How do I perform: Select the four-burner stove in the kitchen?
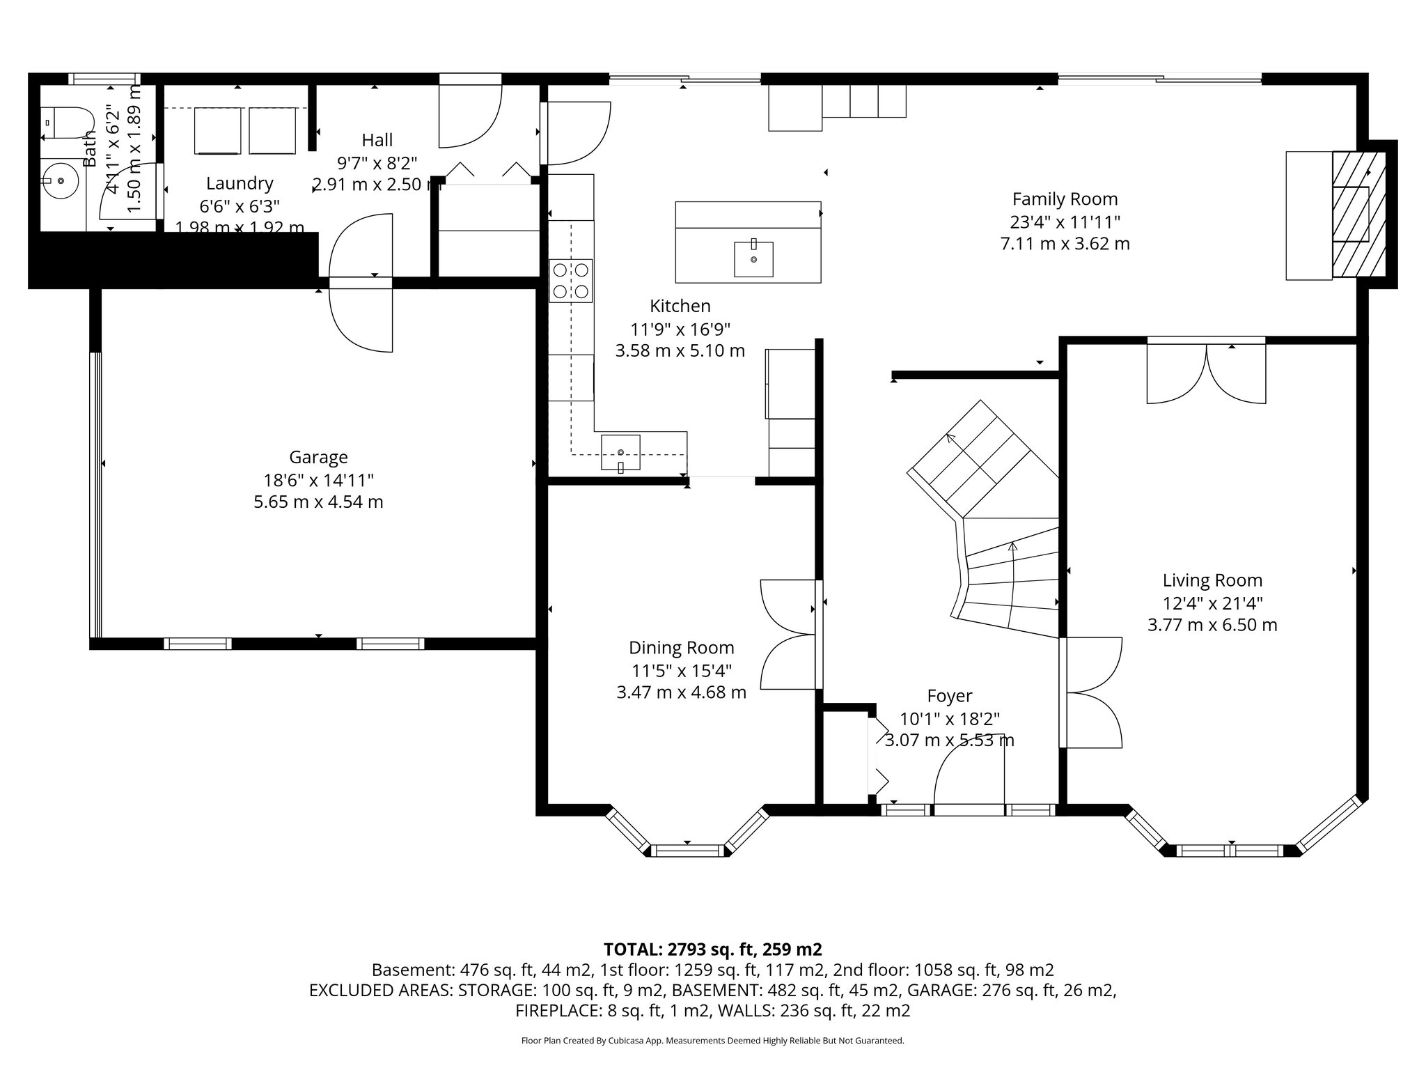point(571,281)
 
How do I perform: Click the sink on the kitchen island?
point(753,259)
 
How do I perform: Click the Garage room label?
point(318,458)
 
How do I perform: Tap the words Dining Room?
point(681,648)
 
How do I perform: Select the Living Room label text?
point(1212,580)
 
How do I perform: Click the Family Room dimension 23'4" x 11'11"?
point(1065,222)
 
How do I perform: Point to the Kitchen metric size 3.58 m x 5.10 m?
point(680,350)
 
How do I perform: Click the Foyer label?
point(949,696)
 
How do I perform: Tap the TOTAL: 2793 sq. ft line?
point(712,949)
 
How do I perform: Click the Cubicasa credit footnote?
point(712,1041)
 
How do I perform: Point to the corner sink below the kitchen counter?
point(620,453)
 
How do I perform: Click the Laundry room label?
point(240,183)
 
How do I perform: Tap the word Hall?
point(377,140)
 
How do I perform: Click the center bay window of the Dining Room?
point(687,850)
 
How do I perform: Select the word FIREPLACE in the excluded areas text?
point(554,1011)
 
